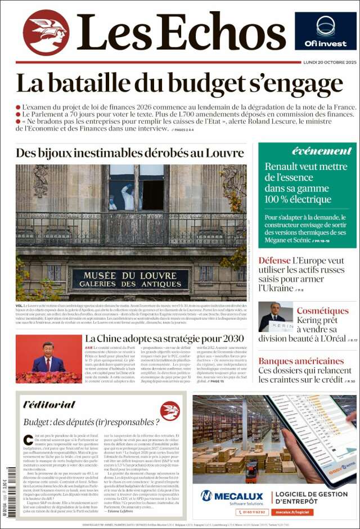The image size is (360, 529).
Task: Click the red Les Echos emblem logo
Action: [x=46, y=32]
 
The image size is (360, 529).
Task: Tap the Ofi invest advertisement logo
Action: [x=325, y=31]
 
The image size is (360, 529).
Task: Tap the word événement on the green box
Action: [x=322, y=151]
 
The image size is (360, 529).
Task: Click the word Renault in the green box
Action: [x=285, y=167]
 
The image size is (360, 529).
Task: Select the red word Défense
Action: [x=274, y=261]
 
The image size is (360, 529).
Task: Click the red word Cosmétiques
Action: [x=322, y=311]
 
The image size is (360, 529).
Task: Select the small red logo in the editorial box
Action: [x=170, y=410]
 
